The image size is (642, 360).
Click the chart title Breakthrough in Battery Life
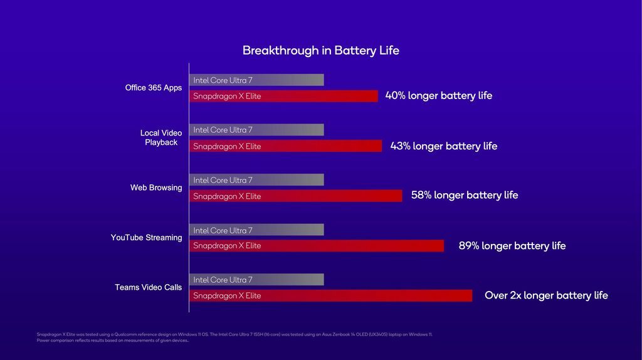pos(320,51)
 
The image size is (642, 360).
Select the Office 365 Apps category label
pos(154,88)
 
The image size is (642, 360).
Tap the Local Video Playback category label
pos(161,137)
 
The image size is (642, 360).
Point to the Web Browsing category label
pos(156,188)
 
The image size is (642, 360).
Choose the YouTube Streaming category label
pos(146,238)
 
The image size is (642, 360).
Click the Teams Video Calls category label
pos(148,287)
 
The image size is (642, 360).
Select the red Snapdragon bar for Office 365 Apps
pos(283,96)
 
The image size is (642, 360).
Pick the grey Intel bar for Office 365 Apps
pos(256,80)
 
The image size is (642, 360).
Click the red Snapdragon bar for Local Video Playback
pos(285,146)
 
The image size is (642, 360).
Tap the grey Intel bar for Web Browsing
pos(256,180)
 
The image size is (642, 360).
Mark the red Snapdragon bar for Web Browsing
pos(295,196)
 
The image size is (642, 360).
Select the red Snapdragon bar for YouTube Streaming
pos(317,246)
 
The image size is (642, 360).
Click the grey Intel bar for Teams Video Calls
pos(256,280)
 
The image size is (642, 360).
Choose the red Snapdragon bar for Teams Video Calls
pos(330,295)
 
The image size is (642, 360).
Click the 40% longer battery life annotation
pos(438,96)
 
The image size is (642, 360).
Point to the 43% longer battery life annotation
pos(443,146)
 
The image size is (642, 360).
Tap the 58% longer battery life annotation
pos(465,195)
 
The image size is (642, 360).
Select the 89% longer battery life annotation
pos(512,246)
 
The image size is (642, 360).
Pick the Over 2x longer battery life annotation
pos(546,295)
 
